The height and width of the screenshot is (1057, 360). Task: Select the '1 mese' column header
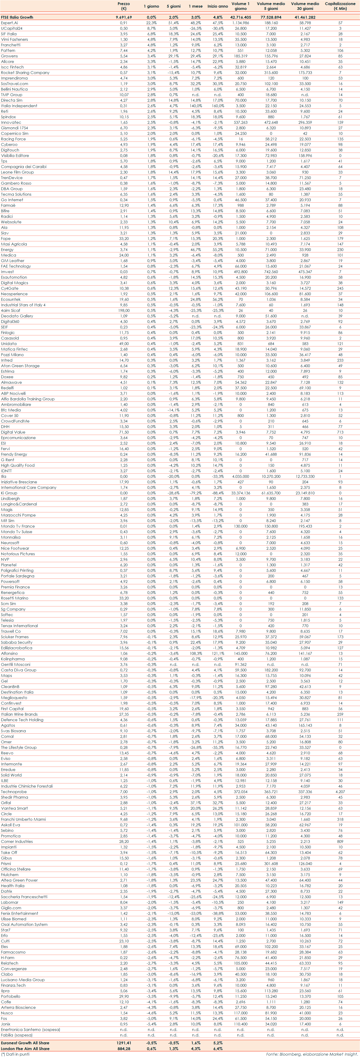[x=195, y=6]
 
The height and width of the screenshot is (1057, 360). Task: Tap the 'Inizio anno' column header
[x=217, y=6]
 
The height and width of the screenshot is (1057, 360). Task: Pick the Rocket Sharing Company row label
[x=25, y=73]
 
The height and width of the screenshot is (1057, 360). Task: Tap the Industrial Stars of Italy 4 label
[x=23, y=305]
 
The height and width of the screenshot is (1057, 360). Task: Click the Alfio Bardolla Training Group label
[x=27, y=399]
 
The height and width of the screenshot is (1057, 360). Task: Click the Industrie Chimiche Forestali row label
[x=27, y=786]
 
